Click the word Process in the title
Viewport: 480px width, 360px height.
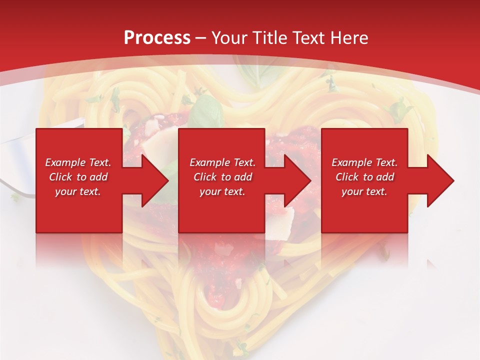pyautogui.click(x=157, y=38)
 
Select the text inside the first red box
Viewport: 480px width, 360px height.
pyautogui.click(x=78, y=177)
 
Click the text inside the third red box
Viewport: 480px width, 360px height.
pyautogui.click(x=364, y=177)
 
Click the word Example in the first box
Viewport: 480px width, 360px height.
pyautogui.click(x=64, y=162)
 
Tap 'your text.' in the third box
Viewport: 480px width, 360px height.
pyautogui.click(x=364, y=191)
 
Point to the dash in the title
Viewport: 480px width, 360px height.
pyautogui.click(x=201, y=38)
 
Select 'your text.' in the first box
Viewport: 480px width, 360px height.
pyautogui.click(x=78, y=191)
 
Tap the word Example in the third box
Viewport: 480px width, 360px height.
pyautogui.click(x=350, y=162)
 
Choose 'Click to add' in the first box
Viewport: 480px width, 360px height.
pyautogui.click(x=78, y=177)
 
